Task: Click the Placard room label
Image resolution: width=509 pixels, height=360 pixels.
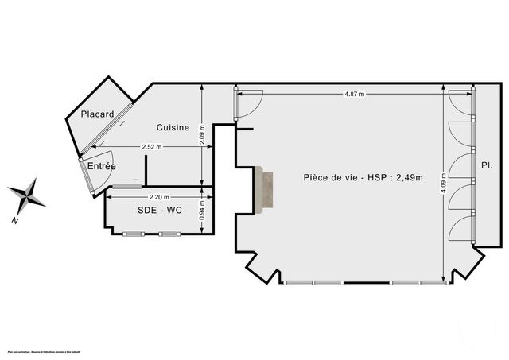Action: [x=97, y=114]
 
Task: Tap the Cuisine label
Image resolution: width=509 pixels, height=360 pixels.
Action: [x=173, y=127]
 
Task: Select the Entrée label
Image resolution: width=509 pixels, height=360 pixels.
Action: [x=102, y=166]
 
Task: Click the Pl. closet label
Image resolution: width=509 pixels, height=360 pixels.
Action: [x=486, y=166]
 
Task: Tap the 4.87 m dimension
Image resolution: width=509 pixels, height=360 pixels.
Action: [x=355, y=95]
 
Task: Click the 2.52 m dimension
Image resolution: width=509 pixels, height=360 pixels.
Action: [x=151, y=147]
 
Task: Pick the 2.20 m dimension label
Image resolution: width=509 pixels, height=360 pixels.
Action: [x=159, y=196]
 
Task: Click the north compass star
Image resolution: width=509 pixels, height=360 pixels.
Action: [x=27, y=193]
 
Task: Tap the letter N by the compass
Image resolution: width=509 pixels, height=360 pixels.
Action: [x=15, y=219]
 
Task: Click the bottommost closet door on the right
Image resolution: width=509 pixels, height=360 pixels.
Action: [x=460, y=228]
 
